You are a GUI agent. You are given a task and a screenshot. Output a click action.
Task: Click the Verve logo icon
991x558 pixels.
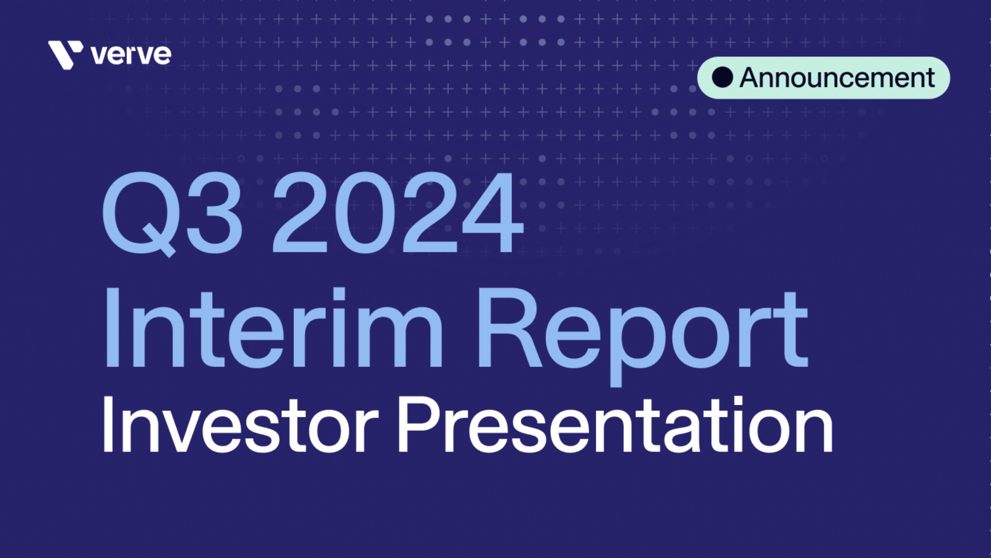click(65, 54)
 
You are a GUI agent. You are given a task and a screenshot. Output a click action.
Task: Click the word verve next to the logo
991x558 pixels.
click(131, 55)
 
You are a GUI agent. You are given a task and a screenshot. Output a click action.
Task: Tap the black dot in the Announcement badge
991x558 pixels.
click(722, 77)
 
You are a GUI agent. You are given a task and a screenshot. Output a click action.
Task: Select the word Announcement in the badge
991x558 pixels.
click(837, 78)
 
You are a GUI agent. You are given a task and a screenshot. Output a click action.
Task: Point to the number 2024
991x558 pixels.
click(398, 213)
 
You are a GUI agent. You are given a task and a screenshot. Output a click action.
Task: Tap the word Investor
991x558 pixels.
click(240, 425)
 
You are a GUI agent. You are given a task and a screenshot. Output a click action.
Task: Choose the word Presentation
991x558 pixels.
click(615, 425)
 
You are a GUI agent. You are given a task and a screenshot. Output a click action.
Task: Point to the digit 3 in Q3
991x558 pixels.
click(214, 213)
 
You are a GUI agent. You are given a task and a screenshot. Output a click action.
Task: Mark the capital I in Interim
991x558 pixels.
click(113, 328)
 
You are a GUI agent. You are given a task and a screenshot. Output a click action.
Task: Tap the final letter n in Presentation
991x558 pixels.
click(814, 431)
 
